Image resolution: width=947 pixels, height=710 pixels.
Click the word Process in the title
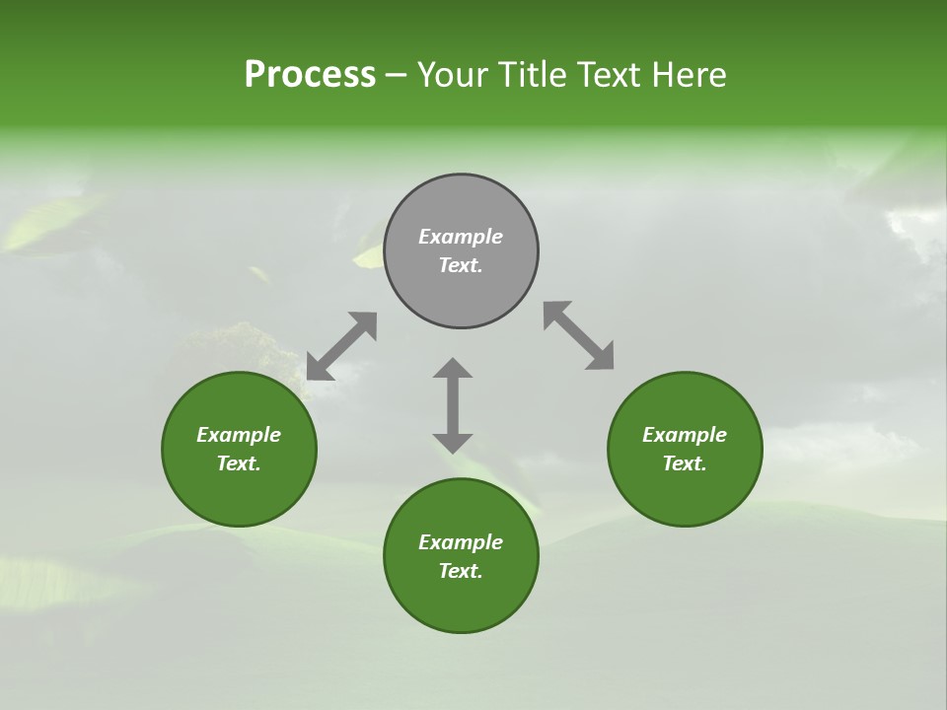pos(310,75)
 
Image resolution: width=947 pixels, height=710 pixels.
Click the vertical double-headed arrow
pos(453,405)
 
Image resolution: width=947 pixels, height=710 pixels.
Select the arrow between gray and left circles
pos(341,346)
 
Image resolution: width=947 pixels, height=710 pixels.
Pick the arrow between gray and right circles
pos(579,336)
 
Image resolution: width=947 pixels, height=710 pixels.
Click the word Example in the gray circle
pos(461,237)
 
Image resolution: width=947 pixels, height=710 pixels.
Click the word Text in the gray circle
pos(460,265)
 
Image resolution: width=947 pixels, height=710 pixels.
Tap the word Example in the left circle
pos(239,435)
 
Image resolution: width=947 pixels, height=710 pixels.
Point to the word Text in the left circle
pos(238,463)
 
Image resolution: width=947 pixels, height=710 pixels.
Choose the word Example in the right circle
pos(685,435)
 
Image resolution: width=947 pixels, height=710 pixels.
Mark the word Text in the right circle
pos(684,463)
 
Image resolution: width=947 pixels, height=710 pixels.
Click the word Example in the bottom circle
pos(461,542)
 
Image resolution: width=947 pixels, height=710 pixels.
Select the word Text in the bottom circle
pos(460,571)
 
